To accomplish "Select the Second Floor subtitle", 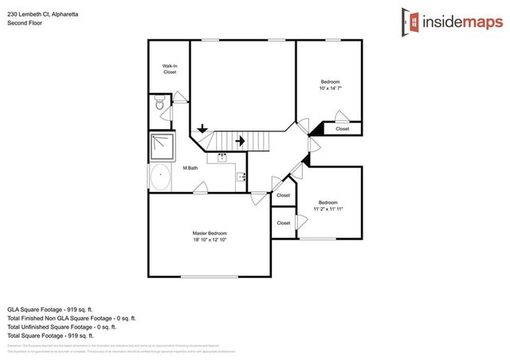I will [25, 23].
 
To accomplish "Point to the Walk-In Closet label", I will [169, 69].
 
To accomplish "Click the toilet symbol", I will [159, 104].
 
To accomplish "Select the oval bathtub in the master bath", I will [159, 178].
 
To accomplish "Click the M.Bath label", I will [190, 168].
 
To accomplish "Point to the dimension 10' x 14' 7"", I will [330, 88].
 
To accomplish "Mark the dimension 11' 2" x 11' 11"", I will [328, 209].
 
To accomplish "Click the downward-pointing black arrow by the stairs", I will [202, 127].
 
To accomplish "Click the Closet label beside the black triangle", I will [342, 128].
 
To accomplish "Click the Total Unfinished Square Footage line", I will [62, 327].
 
